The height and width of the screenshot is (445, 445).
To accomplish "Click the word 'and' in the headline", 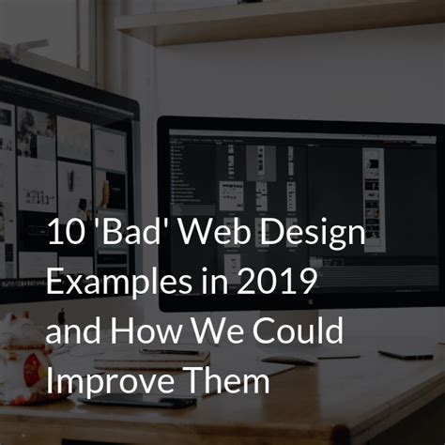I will click(72, 332).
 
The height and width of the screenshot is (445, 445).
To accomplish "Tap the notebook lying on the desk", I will click(150, 360).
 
